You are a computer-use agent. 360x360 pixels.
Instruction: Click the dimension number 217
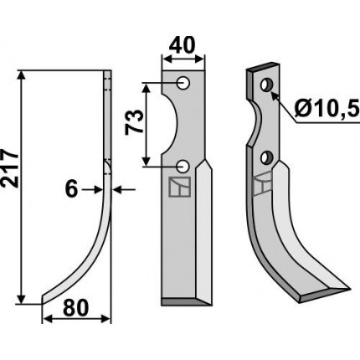pyautogui.click(x=10, y=168)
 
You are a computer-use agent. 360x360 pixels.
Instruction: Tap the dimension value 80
pyautogui.click(x=76, y=308)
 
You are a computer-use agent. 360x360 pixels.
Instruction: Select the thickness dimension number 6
pyautogui.click(x=71, y=189)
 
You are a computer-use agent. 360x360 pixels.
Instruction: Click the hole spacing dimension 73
pyautogui.click(x=133, y=122)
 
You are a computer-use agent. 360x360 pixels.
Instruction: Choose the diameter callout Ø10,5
pyautogui.click(x=327, y=109)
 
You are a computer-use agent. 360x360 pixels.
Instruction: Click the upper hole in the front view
pyautogui.click(x=183, y=83)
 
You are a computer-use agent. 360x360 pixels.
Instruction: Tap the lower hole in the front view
pyautogui.click(x=183, y=167)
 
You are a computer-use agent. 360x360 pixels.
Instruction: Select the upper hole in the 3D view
pyautogui.click(x=265, y=85)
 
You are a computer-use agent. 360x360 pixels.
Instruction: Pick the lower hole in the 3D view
pyautogui.click(x=266, y=158)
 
